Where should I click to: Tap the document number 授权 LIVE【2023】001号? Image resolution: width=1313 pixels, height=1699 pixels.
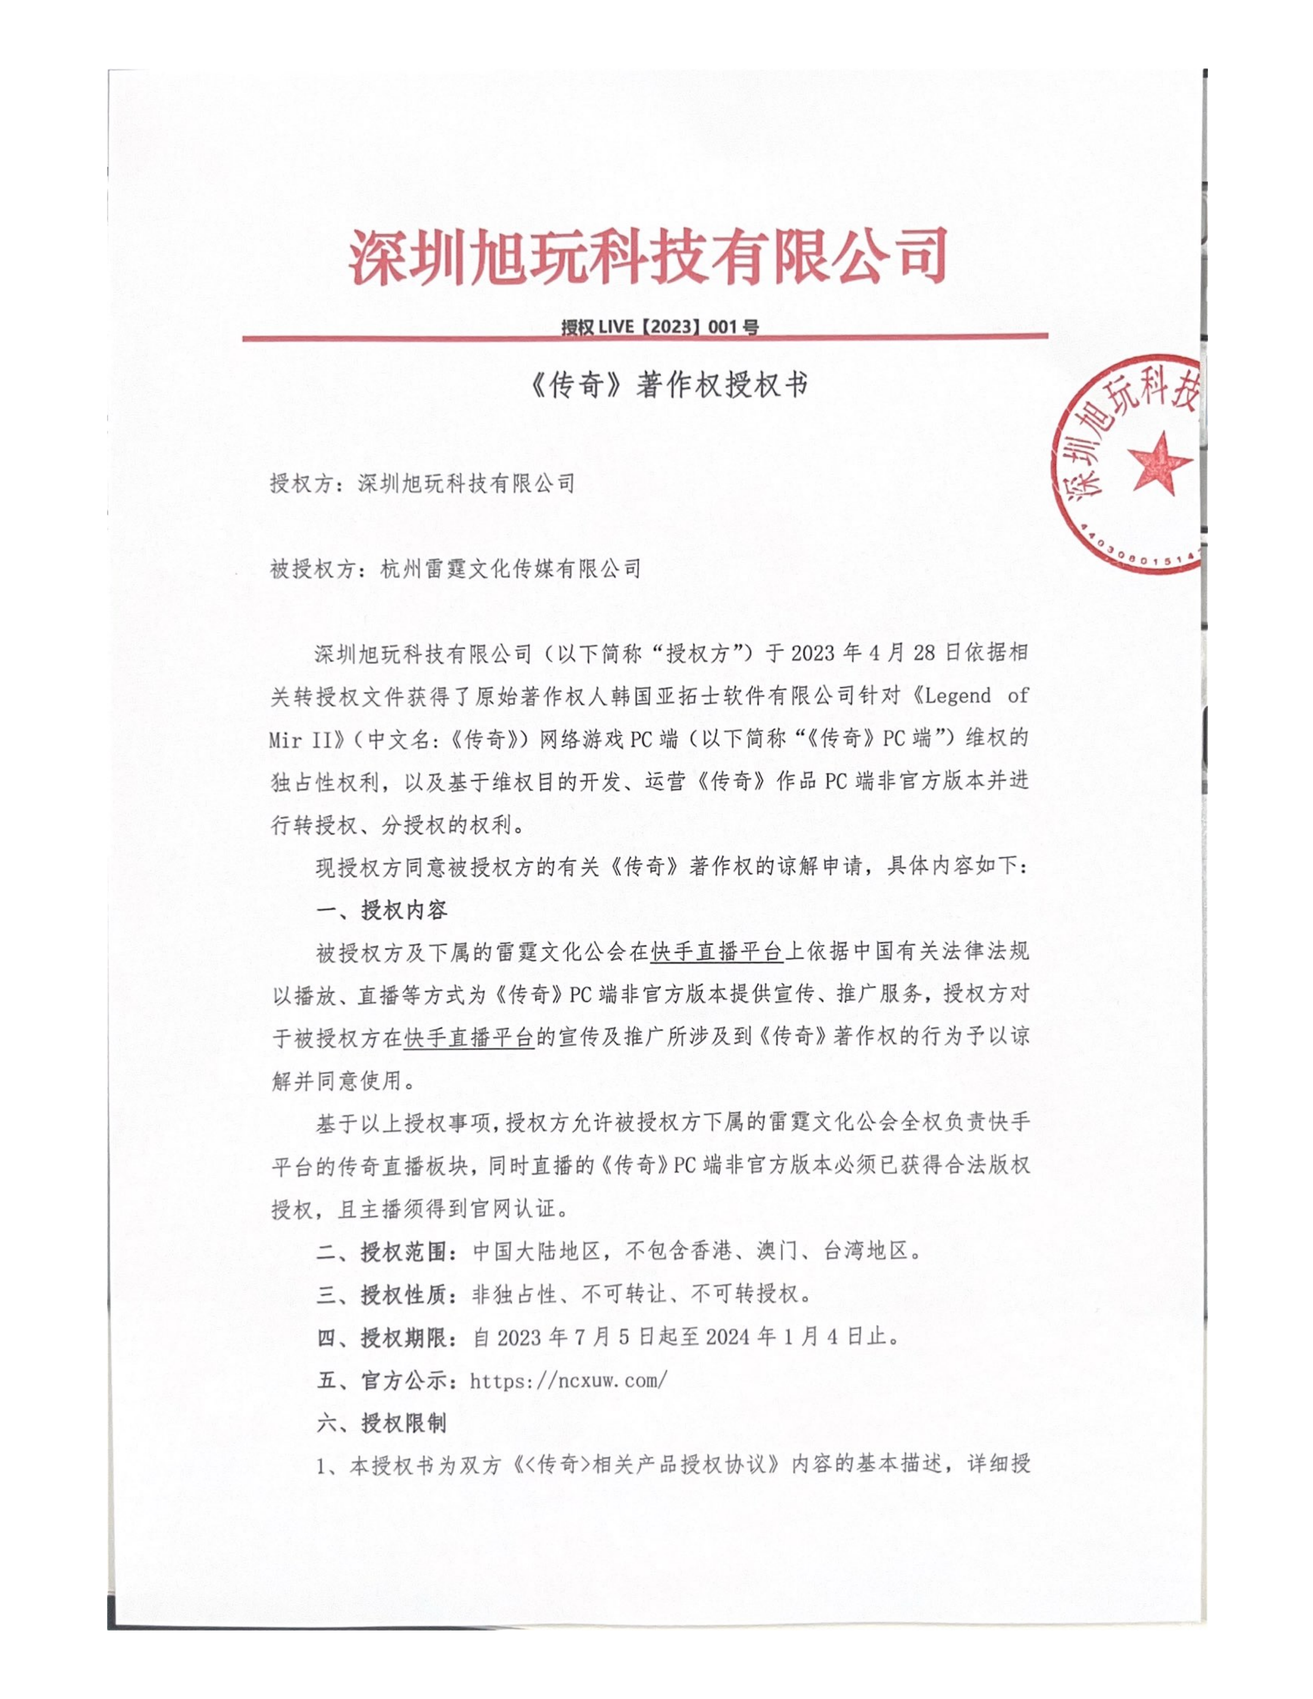tap(659, 327)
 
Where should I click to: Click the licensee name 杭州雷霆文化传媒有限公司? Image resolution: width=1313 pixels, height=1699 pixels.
tap(510, 569)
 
